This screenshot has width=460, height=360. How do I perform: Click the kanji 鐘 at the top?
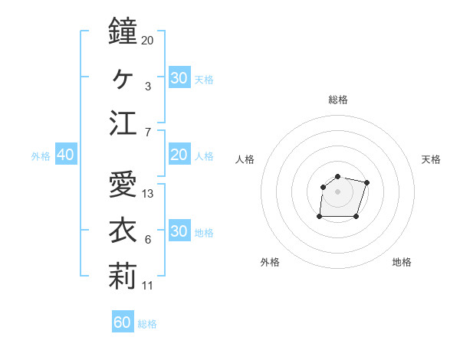(x=122, y=31)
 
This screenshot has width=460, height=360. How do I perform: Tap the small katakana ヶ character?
(x=122, y=77)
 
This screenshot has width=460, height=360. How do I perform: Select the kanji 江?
(x=122, y=123)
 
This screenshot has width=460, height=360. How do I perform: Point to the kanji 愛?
(x=122, y=185)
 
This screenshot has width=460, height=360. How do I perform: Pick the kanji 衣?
(x=122, y=231)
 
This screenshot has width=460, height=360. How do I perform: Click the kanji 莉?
(x=122, y=277)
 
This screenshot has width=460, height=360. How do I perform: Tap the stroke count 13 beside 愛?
(x=148, y=194)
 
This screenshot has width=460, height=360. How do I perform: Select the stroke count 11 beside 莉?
(x=148, y=286)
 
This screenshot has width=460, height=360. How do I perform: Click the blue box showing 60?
(x=123, y=322)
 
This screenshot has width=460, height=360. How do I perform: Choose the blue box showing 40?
(x=65, y=155)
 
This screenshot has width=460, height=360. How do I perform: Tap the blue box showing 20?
(x=179, y=155)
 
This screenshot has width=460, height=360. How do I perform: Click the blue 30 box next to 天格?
(x=179, y=78)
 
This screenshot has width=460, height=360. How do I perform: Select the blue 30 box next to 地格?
(x=179, y=231)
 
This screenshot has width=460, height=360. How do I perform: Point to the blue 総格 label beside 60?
(x=147, y=324)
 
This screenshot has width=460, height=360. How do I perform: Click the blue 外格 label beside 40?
(x=41, y=156)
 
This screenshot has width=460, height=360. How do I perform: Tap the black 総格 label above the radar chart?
(x=338, y=100)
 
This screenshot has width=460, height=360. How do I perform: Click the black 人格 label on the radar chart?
(x=245, y=159)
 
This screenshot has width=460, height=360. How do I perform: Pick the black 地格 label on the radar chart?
(x=402, y=262)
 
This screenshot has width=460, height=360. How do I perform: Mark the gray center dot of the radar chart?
(x=338, y=191)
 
